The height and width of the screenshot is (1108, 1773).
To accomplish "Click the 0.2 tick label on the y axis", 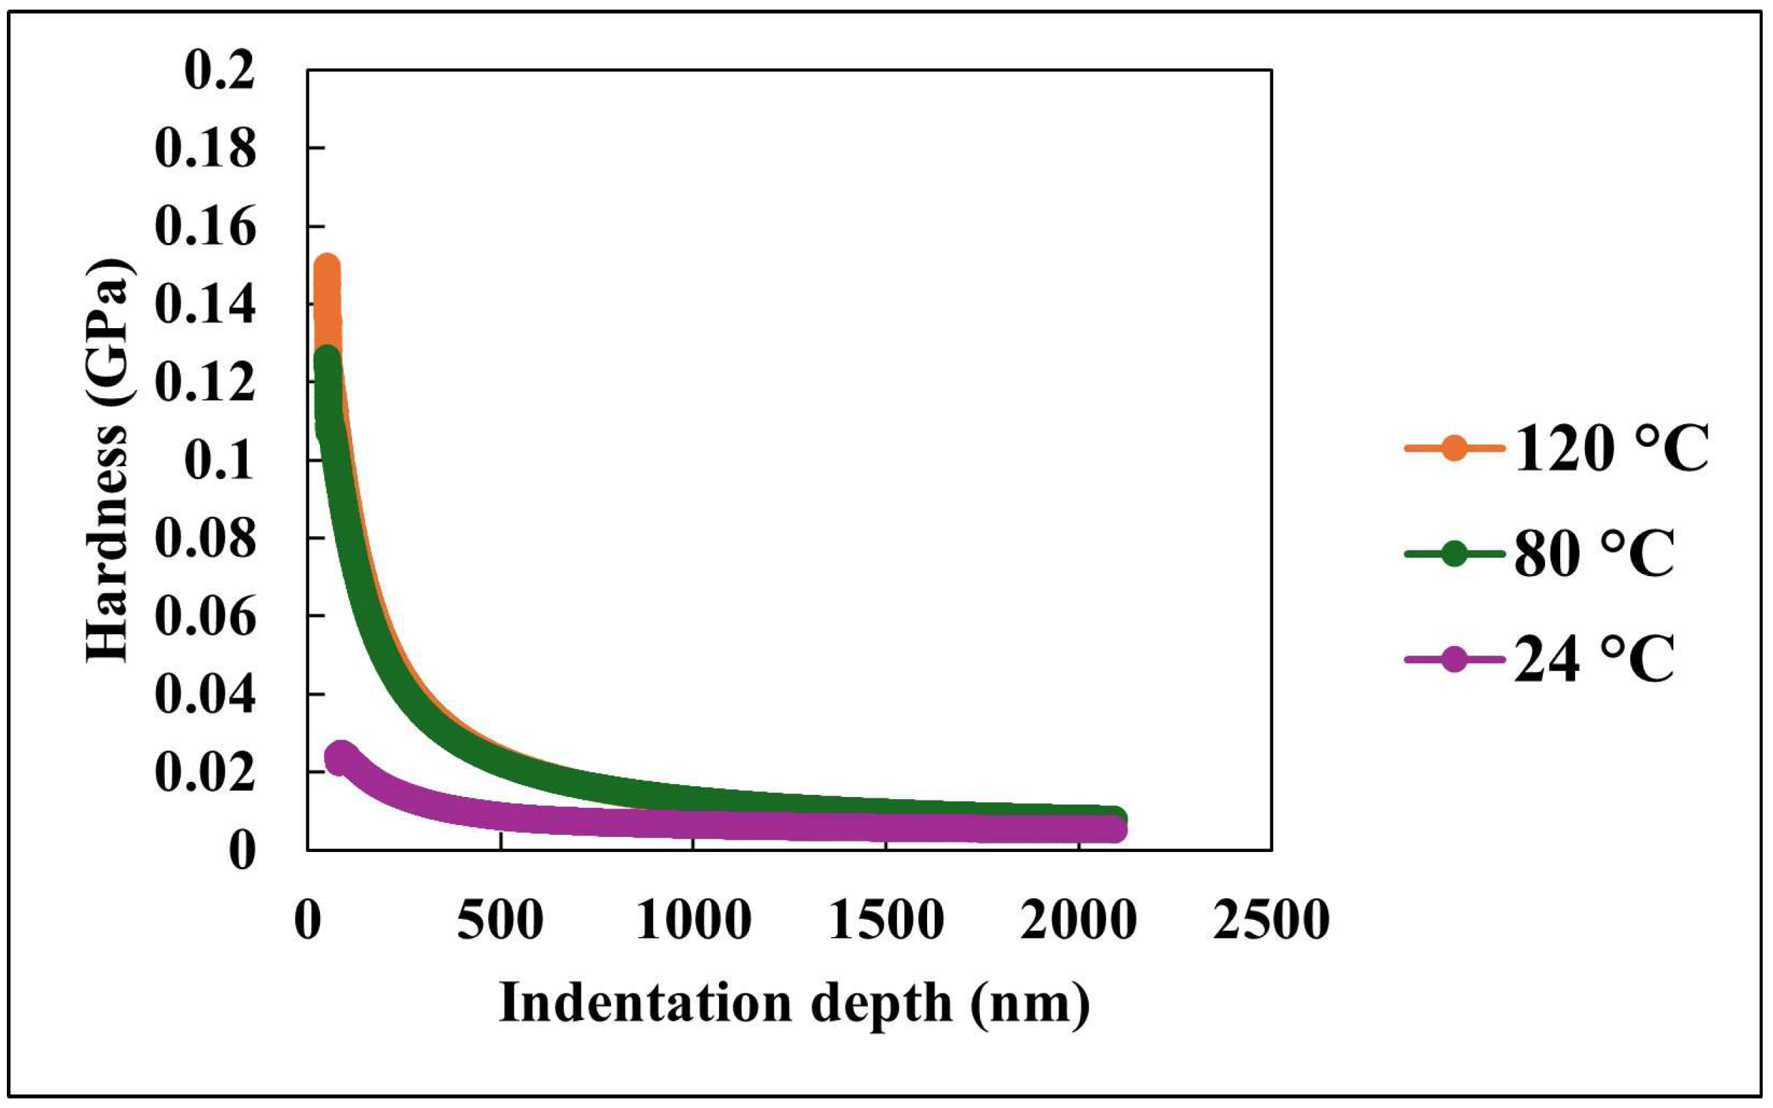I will click(x=219, y=73).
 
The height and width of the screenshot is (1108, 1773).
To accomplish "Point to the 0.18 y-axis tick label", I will click(x=206, y=150).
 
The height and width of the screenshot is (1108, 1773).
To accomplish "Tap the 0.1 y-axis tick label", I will click(x=219, y=461).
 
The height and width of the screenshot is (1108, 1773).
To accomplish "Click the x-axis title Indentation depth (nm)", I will click(x=794, y=1004).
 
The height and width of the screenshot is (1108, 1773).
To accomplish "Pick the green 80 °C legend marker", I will click(x=1454, y=554).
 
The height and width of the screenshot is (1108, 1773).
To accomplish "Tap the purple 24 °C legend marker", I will click(x=1454, y=660).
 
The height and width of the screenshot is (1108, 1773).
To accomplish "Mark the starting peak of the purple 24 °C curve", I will click(x=339, y=757).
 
